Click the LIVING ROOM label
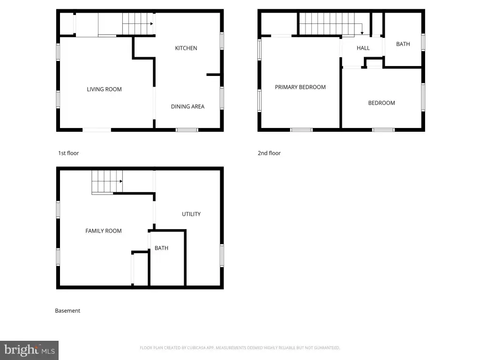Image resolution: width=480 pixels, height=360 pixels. [x=104, y=90]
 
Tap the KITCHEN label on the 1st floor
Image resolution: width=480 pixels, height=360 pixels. [x=186, y=48]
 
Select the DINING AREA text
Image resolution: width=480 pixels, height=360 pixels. [x=187, y=106]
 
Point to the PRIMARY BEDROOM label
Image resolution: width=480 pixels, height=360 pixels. [x=300, y=87]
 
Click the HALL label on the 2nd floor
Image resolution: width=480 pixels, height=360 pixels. [x=363, y=48]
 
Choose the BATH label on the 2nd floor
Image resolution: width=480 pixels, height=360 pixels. [x=403, y=44]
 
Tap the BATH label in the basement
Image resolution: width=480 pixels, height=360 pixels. [x=161, y=248]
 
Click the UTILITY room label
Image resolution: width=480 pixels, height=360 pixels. [x=191, y=214]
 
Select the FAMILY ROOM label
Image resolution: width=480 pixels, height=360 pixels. [x=104, y=231]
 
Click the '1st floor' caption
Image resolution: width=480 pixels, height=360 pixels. [x=68, y=153]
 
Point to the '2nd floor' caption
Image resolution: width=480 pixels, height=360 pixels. [x=269, y=153]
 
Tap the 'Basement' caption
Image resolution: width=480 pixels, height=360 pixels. [x=67, y=310]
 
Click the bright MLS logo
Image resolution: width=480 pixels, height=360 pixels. [x=29, y=350]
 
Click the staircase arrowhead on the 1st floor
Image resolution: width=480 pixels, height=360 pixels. [x=151, y=23]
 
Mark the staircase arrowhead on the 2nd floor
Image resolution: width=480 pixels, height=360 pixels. [x=362, y=33]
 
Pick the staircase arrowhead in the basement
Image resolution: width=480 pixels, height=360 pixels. [x=121, y=181]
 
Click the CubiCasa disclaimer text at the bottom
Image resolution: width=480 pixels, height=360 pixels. [x=240, y=348]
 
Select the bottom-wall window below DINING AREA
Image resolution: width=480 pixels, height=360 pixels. [x=187, y=130]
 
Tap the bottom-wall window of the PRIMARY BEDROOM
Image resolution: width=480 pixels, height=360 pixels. [x=301, y=130]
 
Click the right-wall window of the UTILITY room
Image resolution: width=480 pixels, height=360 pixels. [x=222, y=255]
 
